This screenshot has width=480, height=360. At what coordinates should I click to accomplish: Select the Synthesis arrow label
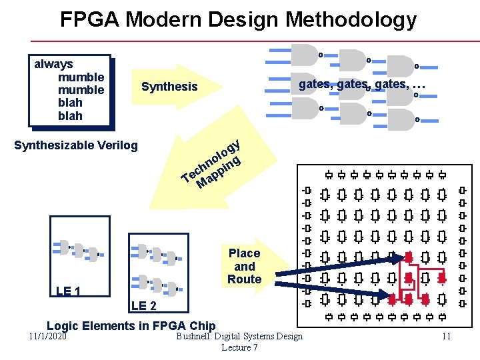pos(169,87)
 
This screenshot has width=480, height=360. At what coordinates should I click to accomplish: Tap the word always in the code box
pos(53,64)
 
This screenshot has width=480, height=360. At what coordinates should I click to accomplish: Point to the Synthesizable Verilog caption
pos(76,145)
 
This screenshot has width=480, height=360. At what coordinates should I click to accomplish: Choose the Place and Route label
pos(244,266)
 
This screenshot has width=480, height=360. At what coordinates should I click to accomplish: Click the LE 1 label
pos(69,291)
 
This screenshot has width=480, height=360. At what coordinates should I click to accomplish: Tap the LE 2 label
pos(144,306)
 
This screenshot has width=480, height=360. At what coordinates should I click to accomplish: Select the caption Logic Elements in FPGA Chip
pos(131,326)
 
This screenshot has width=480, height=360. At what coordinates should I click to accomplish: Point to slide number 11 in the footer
pos(446,337)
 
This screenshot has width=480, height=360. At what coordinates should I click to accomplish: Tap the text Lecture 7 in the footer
pos(239,347)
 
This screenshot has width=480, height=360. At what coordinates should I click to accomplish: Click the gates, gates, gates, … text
pos(362,85)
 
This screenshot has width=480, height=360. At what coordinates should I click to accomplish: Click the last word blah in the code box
pos(70,116)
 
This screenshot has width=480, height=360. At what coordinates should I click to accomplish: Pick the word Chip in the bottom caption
pos(201,326)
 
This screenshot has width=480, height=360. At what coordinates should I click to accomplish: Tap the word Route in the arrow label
pos(244,279)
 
